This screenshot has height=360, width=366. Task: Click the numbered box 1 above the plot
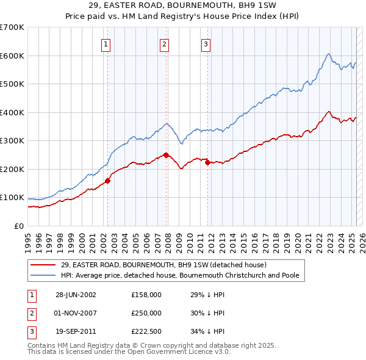coord(106,44)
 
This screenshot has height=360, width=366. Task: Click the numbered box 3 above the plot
coord(206,44)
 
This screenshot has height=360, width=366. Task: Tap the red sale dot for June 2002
coord(107,181)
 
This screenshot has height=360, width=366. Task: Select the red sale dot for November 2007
coord(166,155)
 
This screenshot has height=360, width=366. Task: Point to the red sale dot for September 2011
coord(208,162)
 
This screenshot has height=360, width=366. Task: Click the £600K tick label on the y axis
coord(12,56)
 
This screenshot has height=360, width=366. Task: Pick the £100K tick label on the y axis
coord(12,198)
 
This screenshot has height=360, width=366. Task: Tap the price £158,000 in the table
coord(146,295)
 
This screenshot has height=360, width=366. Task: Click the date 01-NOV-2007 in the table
coord(76,313)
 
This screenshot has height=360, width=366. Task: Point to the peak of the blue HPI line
coord(328,54)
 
